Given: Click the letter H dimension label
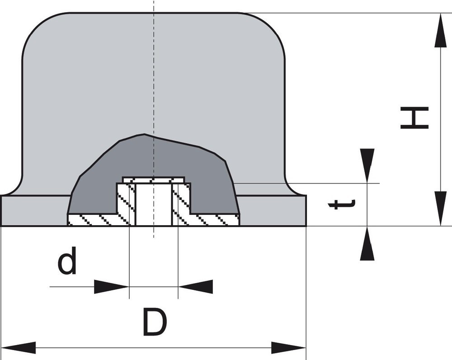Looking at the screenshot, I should coord(414,118).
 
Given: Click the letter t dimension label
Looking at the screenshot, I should coord(340,204).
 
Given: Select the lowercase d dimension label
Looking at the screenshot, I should coord(67,263).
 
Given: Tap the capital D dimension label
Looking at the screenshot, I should coord(155,322).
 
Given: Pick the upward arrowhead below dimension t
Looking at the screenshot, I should coord(367,244).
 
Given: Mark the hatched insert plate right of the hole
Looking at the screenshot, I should coord(208,219).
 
